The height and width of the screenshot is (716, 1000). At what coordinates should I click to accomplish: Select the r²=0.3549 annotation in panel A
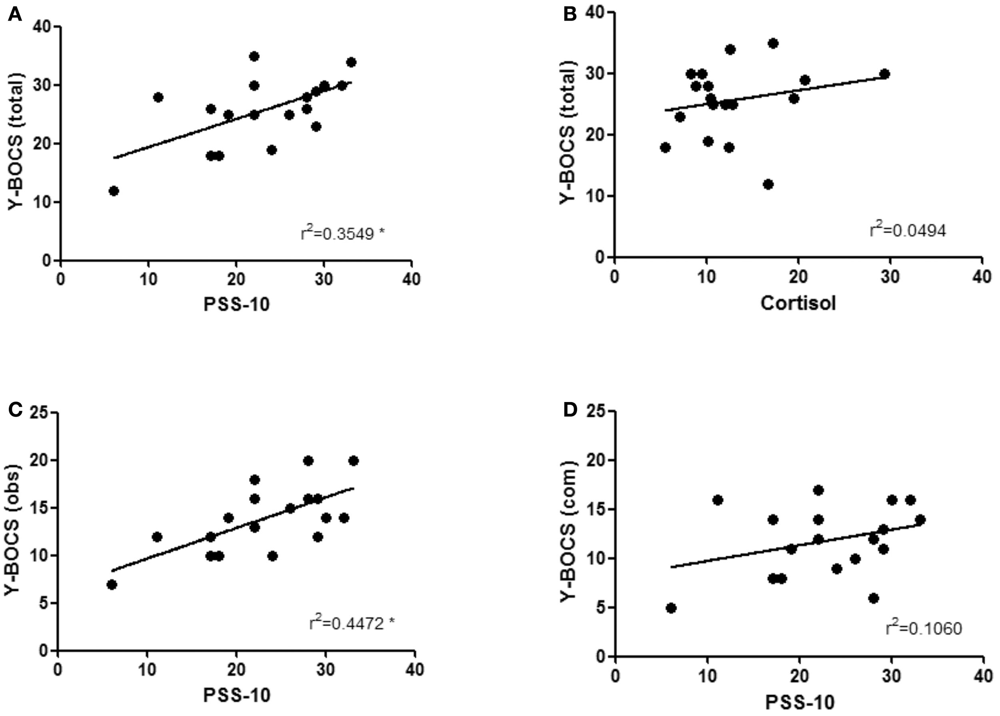pyautogui.click(x=342, y=233)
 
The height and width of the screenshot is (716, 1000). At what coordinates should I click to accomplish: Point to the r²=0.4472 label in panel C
pyautogui.click(x=352, y=624)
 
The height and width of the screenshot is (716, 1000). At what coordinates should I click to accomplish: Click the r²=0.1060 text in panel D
pyautogui.click(x=923, y=628)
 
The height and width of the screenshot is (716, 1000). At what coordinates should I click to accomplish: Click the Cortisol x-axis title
pyautogui.click(x=798, y=303)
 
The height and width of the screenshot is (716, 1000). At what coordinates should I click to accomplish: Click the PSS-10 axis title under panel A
pyautogui.click(x=236, y=304)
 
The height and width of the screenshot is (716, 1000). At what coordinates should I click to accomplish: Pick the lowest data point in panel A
pyautogui.click(x=114, y=191)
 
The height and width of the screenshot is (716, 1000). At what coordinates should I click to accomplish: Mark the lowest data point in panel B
pyautogui.click(x=768, y=184)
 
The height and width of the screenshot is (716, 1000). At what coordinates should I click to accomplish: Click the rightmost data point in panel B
pyautogui.click(x=884, y=74)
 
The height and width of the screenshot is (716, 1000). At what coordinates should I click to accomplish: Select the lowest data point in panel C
pyautogui.click(x=112, y=585)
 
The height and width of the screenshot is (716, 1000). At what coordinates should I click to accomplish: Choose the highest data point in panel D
pyautogui.click(x=818, y=490)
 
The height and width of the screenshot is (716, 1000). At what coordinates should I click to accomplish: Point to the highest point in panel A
pyautogui.click(x=254, y=56)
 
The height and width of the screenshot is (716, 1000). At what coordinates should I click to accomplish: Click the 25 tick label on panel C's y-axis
pyautogui.click(x=40, y=414)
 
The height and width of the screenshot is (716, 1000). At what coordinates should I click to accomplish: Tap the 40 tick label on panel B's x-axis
pyautogui.click(x=982, y=277)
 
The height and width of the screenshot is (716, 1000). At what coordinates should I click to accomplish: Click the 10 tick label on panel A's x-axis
pyautogui.click(x=148, y=280)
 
